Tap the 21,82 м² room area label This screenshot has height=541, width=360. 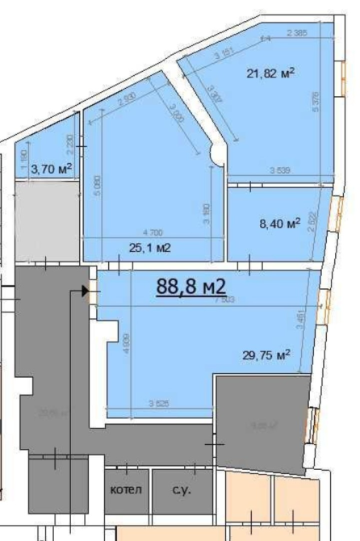coord(270,73)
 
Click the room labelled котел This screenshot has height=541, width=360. coord(126,489)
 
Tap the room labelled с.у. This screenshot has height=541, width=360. coord(174,489)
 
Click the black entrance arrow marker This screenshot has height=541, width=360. coord(85,291)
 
